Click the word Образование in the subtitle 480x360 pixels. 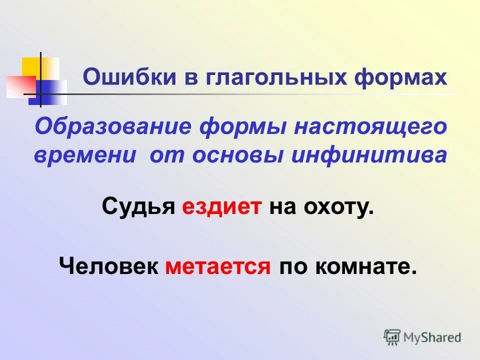[x=112, y=126]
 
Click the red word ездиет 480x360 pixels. [x=221, y=206]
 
